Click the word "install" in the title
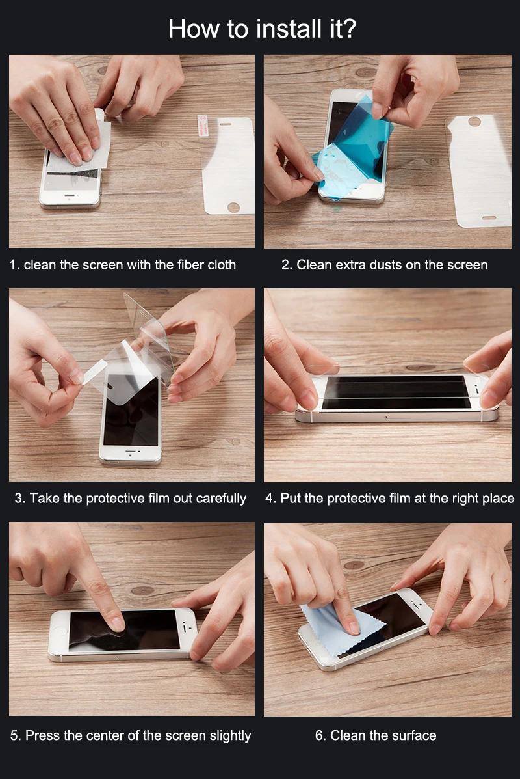click(289, 29)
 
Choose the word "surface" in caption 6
click(414, 736)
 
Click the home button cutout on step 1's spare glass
click(233, 207)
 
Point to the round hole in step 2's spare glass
click(474, 121)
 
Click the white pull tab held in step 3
click(95, 372)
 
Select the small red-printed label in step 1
click(203, 125)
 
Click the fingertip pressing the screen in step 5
click(116, 623)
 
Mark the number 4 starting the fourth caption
click(270, 499)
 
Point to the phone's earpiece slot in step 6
click(416, 605)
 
